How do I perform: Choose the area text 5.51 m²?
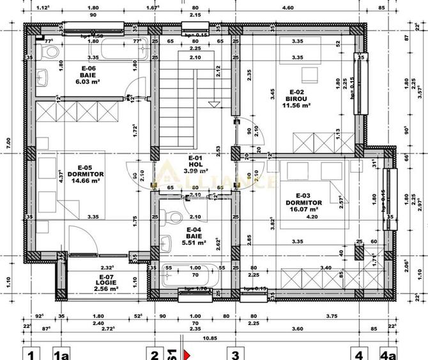coord(195,242)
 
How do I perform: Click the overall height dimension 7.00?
coord(8,142)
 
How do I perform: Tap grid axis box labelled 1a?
coord(61,354)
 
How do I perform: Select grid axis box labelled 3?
coord(234,354)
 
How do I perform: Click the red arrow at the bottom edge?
coord(188,354)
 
